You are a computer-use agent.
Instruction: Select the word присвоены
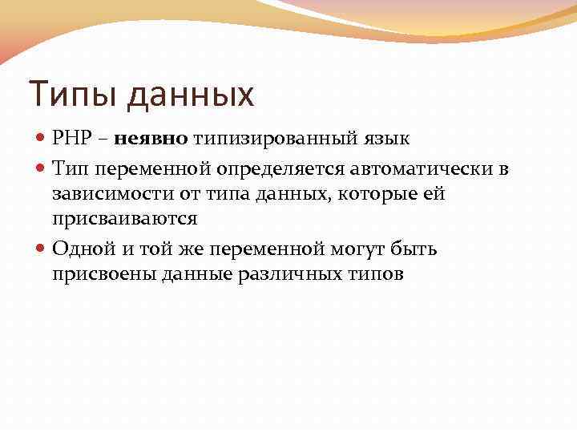(x=97, y=274)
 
